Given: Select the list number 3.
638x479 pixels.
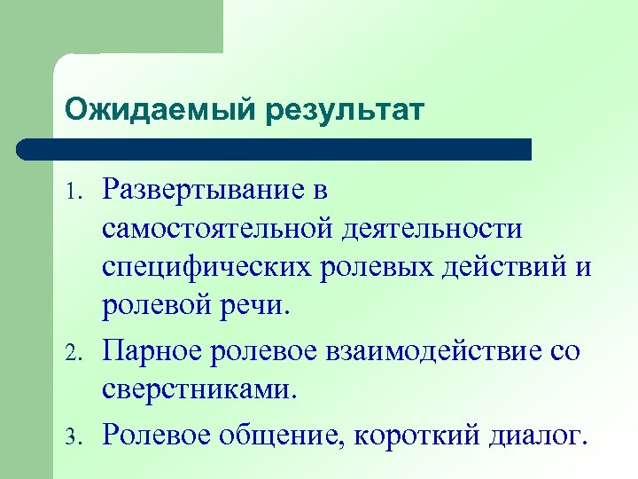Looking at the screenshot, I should [x=73, y=436].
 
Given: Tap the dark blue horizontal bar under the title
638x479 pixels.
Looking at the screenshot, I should [x=275, y=148].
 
